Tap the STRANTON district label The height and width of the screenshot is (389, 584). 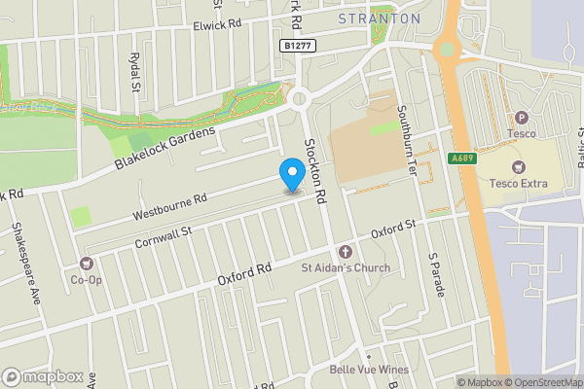pos(380,18)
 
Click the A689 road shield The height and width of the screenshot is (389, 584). pos(461,159)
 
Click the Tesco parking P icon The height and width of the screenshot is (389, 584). pos(521,118)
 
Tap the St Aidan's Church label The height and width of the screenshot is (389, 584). pos(345,268)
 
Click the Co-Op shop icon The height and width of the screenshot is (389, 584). pos(87,264)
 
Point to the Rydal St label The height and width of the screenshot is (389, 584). pos(135,73)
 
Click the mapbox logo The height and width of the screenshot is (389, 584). pos(43,376)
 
